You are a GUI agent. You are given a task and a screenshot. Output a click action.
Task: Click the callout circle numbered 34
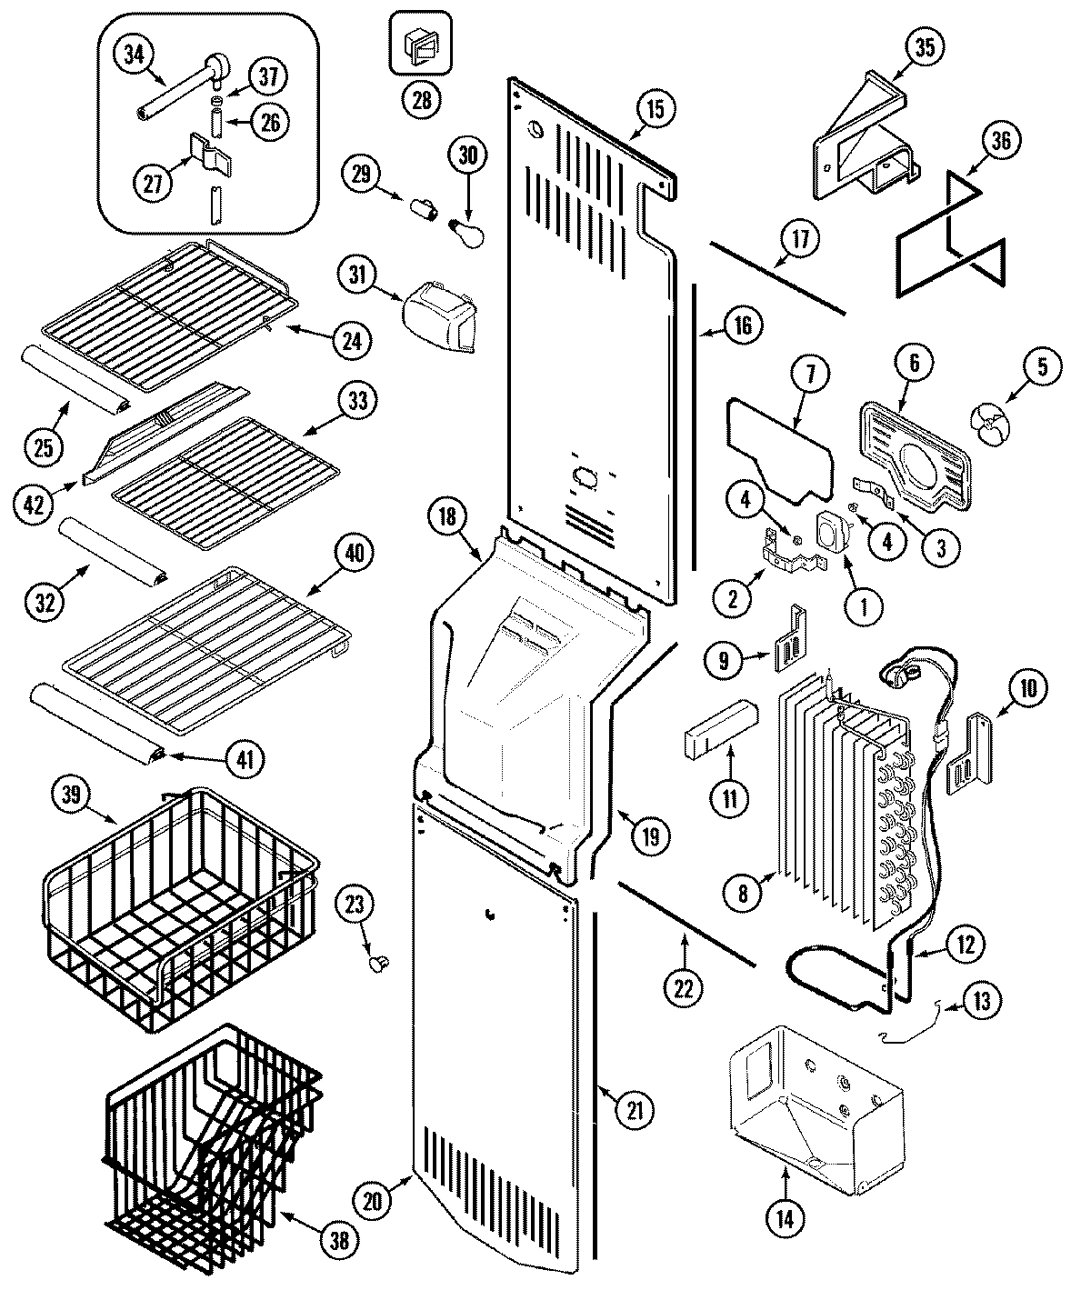pos(135,55)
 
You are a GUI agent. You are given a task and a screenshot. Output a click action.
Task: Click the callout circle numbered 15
pos(656,109)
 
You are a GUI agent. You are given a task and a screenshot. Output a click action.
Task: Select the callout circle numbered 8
pos(743,894)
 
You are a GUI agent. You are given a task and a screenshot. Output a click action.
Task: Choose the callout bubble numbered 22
pos(683,989)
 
